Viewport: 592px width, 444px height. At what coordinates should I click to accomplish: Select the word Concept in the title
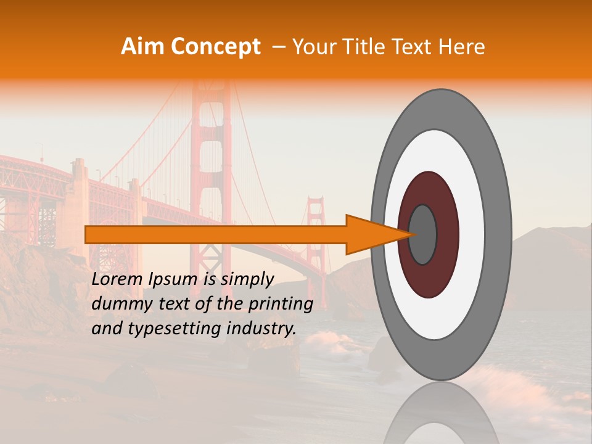click(215, 47)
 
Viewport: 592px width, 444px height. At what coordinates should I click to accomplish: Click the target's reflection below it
click(441, 416)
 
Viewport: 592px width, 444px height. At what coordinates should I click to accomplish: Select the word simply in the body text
click(247, 280)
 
